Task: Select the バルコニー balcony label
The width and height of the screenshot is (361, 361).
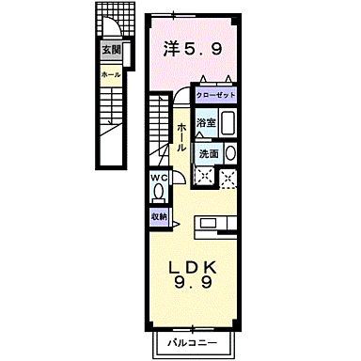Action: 192,341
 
